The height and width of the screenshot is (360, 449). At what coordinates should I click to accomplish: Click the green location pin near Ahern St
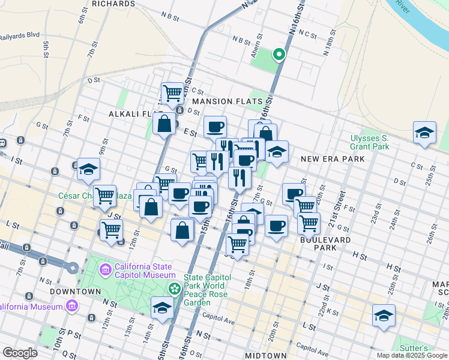(279, 55)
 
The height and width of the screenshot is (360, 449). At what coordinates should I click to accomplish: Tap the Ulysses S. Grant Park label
(370, 142)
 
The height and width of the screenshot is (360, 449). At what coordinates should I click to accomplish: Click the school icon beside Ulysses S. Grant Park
(424, 133)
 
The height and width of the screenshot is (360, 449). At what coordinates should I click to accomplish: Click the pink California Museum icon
(73, 307)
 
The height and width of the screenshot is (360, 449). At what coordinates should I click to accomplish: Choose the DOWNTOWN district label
(75, 291)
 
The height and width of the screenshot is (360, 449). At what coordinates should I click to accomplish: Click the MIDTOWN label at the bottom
(266, 355)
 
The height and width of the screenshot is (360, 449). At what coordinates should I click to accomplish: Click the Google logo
(20, 352)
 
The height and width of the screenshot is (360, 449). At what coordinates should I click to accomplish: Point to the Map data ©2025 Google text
(412, 355)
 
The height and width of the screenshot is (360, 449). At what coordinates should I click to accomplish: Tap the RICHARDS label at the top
(114, 4)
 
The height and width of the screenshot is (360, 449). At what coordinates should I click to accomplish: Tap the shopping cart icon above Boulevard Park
(309, 223)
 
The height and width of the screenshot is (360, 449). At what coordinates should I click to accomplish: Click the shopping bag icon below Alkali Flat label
(164, 124)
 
